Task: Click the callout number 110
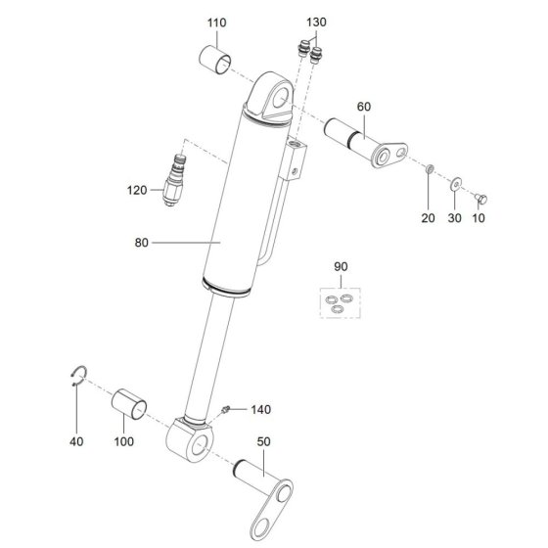[x=216, y=23]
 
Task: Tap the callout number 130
[x=316, y=23]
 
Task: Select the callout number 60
[x=363, y=107]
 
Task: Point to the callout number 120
[x=137, y=191]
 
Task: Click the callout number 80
[x=142, y=243]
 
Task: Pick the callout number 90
[x=341, y=267]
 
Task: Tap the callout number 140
[x=260, y=410]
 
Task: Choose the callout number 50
[x=263, y=441]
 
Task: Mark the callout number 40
[x=76, y=441]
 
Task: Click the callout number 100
[x=123, y=441]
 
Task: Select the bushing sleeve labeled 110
[x=215, y=60]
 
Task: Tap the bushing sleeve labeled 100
[x=129, y=404]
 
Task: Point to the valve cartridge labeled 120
[x=174, y=180]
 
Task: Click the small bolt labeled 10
[x=481, y=199]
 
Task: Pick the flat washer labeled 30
[x=455, y=184]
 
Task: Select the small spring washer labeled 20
[x=430, y=169]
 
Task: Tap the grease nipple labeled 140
[x=225, y=409]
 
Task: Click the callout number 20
[x=429, y=218]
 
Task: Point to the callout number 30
[x=455, y=218]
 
